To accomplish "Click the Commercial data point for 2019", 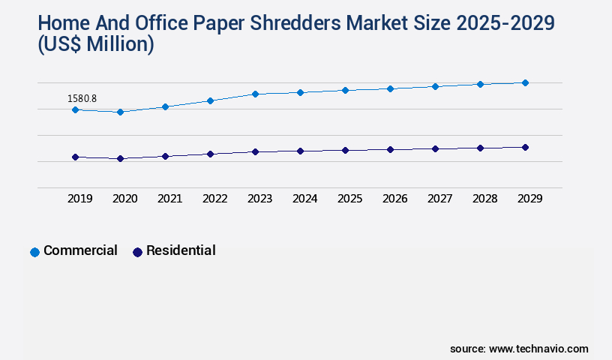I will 75,109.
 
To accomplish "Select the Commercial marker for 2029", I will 525,82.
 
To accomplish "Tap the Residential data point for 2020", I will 120,158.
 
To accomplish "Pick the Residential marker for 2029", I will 525,147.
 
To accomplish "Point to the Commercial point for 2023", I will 255,94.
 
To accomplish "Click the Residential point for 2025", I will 345,150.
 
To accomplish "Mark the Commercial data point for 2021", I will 165,106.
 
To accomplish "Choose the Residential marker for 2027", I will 435,148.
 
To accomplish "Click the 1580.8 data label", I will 82,98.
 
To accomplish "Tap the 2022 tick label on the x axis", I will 214,199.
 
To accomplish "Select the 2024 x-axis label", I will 304,199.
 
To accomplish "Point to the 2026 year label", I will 394,199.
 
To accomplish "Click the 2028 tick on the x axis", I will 484,199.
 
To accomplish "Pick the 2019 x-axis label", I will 79,199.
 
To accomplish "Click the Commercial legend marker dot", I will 34,252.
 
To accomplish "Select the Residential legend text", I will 181,250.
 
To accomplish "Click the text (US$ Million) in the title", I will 95,45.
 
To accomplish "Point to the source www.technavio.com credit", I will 519,349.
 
